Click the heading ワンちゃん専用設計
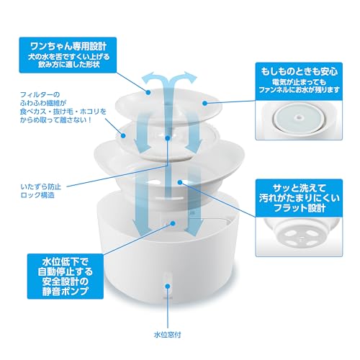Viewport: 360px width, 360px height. [68, 46]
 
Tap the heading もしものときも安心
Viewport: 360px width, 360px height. [299, 71]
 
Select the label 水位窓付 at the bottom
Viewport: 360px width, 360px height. [167, 335]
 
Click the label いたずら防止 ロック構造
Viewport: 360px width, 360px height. [41, 191]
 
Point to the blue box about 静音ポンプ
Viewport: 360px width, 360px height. [66, 276]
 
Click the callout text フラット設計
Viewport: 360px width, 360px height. [300, 208]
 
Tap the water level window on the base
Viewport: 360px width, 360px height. [168, 284]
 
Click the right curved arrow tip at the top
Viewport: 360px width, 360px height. [196, 77]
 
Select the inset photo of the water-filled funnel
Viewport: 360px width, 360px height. [299, 120]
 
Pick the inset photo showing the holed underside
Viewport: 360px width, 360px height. [299, 237]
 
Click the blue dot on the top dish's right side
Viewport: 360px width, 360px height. [204, 103]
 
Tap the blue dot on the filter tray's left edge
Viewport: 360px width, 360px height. [123, 135]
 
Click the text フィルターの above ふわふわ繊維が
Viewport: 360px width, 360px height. [40, 94]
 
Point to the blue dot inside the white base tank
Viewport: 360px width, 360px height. [173, 223]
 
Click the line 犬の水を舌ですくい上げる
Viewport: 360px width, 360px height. [68, 57]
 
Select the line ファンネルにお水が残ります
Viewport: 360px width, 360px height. [299, 90]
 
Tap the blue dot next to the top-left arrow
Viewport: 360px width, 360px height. [148, 92]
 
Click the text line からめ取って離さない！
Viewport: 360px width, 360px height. [55, 120]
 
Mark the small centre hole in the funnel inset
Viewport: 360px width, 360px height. [299, 117]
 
